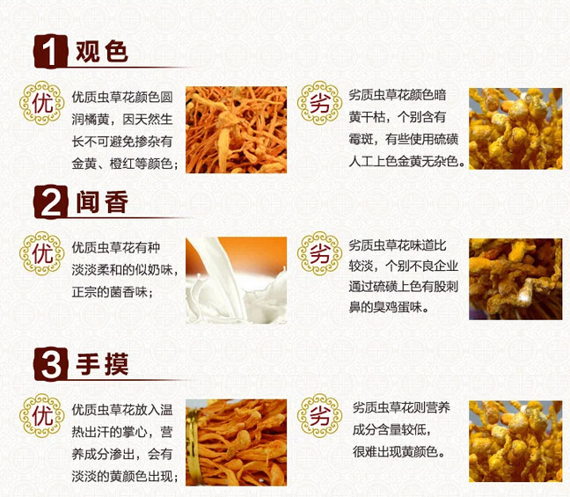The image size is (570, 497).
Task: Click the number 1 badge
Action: [x=51, y=52]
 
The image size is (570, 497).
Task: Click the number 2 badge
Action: [x=51, y=204]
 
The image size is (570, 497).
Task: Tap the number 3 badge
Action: [x=51, y=362]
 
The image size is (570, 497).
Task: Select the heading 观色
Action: [x=101, y=52]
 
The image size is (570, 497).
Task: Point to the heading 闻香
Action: [x=101, y=204]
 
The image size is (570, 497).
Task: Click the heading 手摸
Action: [x=101, y=362]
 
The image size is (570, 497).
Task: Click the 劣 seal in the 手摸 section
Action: [x=319, y=413]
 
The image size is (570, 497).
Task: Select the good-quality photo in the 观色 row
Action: [x=236, y=129]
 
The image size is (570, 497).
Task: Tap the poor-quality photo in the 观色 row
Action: [x=515, y=128]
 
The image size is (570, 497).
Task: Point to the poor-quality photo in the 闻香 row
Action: [x=515, y=279]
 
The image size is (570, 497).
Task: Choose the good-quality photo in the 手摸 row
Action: [x=236, y=442]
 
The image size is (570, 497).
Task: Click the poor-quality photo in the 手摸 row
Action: [x=515, y=441]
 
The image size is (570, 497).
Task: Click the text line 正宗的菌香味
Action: [x=113, y=291]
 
